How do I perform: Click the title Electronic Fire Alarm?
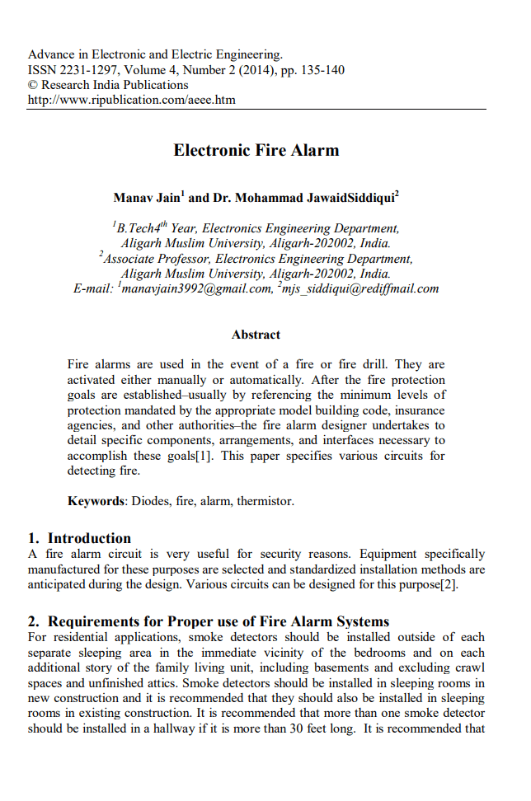click(x=256, y=151)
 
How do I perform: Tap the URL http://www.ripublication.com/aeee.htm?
click(x=131, y=100)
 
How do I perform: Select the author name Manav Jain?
click(x=147, y=199)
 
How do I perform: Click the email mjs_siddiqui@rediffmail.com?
click(x=360, y=288)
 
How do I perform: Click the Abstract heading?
click(x=256, y=335)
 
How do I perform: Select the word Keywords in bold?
click(x=96, y=500)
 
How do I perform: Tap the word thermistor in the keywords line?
click(x=265, y=500)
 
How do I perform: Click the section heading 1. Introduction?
click(x=79, y=538)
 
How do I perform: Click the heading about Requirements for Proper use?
click(x=209, y=621)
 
